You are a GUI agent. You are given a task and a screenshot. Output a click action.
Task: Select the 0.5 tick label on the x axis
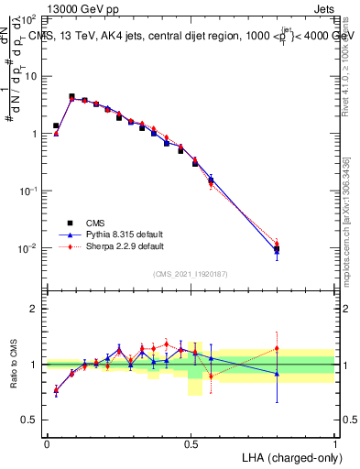point(191,442)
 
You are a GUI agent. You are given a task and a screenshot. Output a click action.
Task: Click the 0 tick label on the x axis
point(47,442)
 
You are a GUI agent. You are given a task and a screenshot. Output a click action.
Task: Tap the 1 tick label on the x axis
point(335,442)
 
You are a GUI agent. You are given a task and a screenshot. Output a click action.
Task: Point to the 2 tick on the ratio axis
point(34,309)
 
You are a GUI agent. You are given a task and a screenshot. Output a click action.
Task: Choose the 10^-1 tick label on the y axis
point(27,191)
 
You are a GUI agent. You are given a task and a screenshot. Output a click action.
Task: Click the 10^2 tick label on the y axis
point(27,18)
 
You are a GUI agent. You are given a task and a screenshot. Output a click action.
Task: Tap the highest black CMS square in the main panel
point(71,96)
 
